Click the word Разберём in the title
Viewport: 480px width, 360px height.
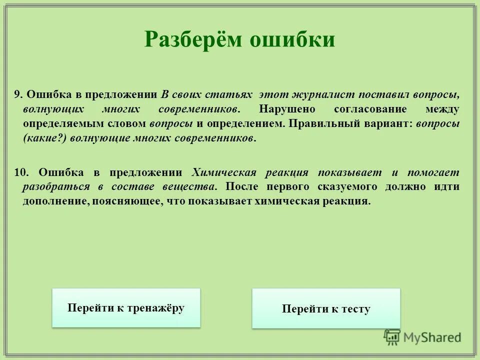[x=191, y=39]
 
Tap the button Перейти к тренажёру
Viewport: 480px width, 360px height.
[x=126, y=308]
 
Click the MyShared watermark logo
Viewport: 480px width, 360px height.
[x=423, y=337]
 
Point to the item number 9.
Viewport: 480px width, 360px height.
[x=17, y=95]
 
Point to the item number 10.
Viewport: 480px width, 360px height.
[x=20, y=172]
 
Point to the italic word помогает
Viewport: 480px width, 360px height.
[x=433, y=172]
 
